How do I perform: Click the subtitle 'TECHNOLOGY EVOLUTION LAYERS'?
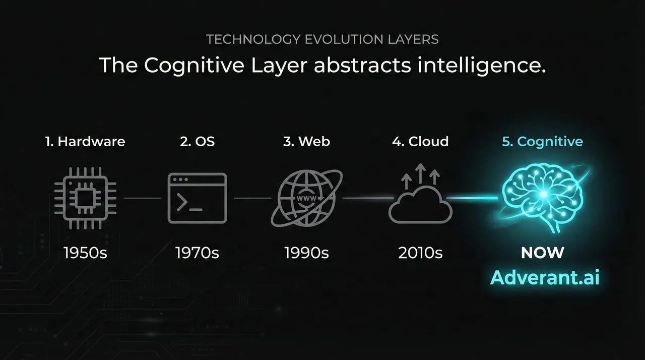click(x=322, y=39)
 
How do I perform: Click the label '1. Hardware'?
click(x=85, y=142)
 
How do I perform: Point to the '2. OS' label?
click(x=198, y=142)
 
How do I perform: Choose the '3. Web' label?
click(x=307, y=142)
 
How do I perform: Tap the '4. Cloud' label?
click(x=420, y=142)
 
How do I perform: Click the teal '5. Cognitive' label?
click(x=543, y=142)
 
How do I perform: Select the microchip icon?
click(x=85, y=198)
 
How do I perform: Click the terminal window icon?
click(x=198, y=198)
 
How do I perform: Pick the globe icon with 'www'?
click(x=307, y=198)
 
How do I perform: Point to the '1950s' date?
click(x=85, y=253)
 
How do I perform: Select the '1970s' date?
click(x=197, y=253)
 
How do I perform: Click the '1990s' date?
click(x=306, y=253)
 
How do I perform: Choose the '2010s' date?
click(x=420, y=253)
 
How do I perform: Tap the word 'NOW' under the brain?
click(x=543, y=253)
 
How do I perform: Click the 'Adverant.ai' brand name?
click(x=545, y=278)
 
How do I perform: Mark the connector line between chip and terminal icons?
click(x=142, y=198)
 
